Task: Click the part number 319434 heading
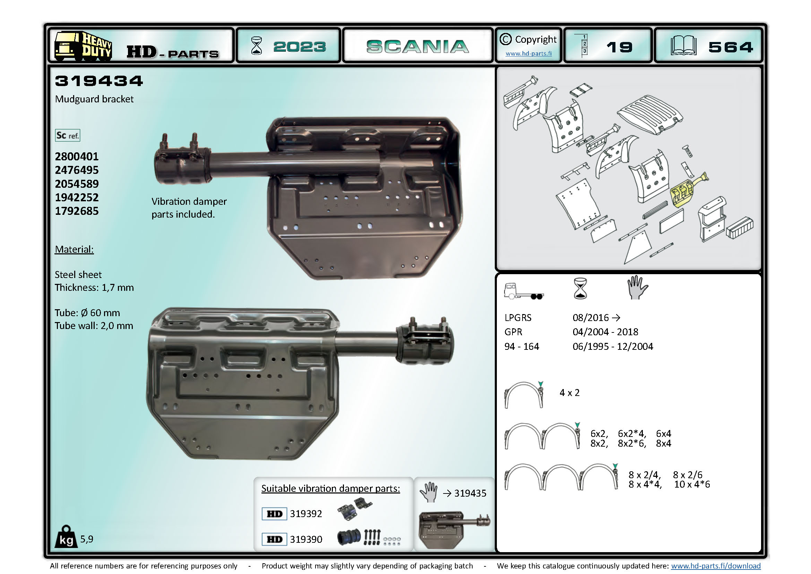coord(99,81)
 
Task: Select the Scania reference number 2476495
coord(77,170)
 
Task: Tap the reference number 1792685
coord(77,211)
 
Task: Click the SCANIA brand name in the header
coord(417,47)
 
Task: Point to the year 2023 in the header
coord(300,47)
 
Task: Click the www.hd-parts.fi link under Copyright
coord(528,53)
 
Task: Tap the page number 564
coord(731,47)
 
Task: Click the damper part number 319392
coord(306,514)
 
